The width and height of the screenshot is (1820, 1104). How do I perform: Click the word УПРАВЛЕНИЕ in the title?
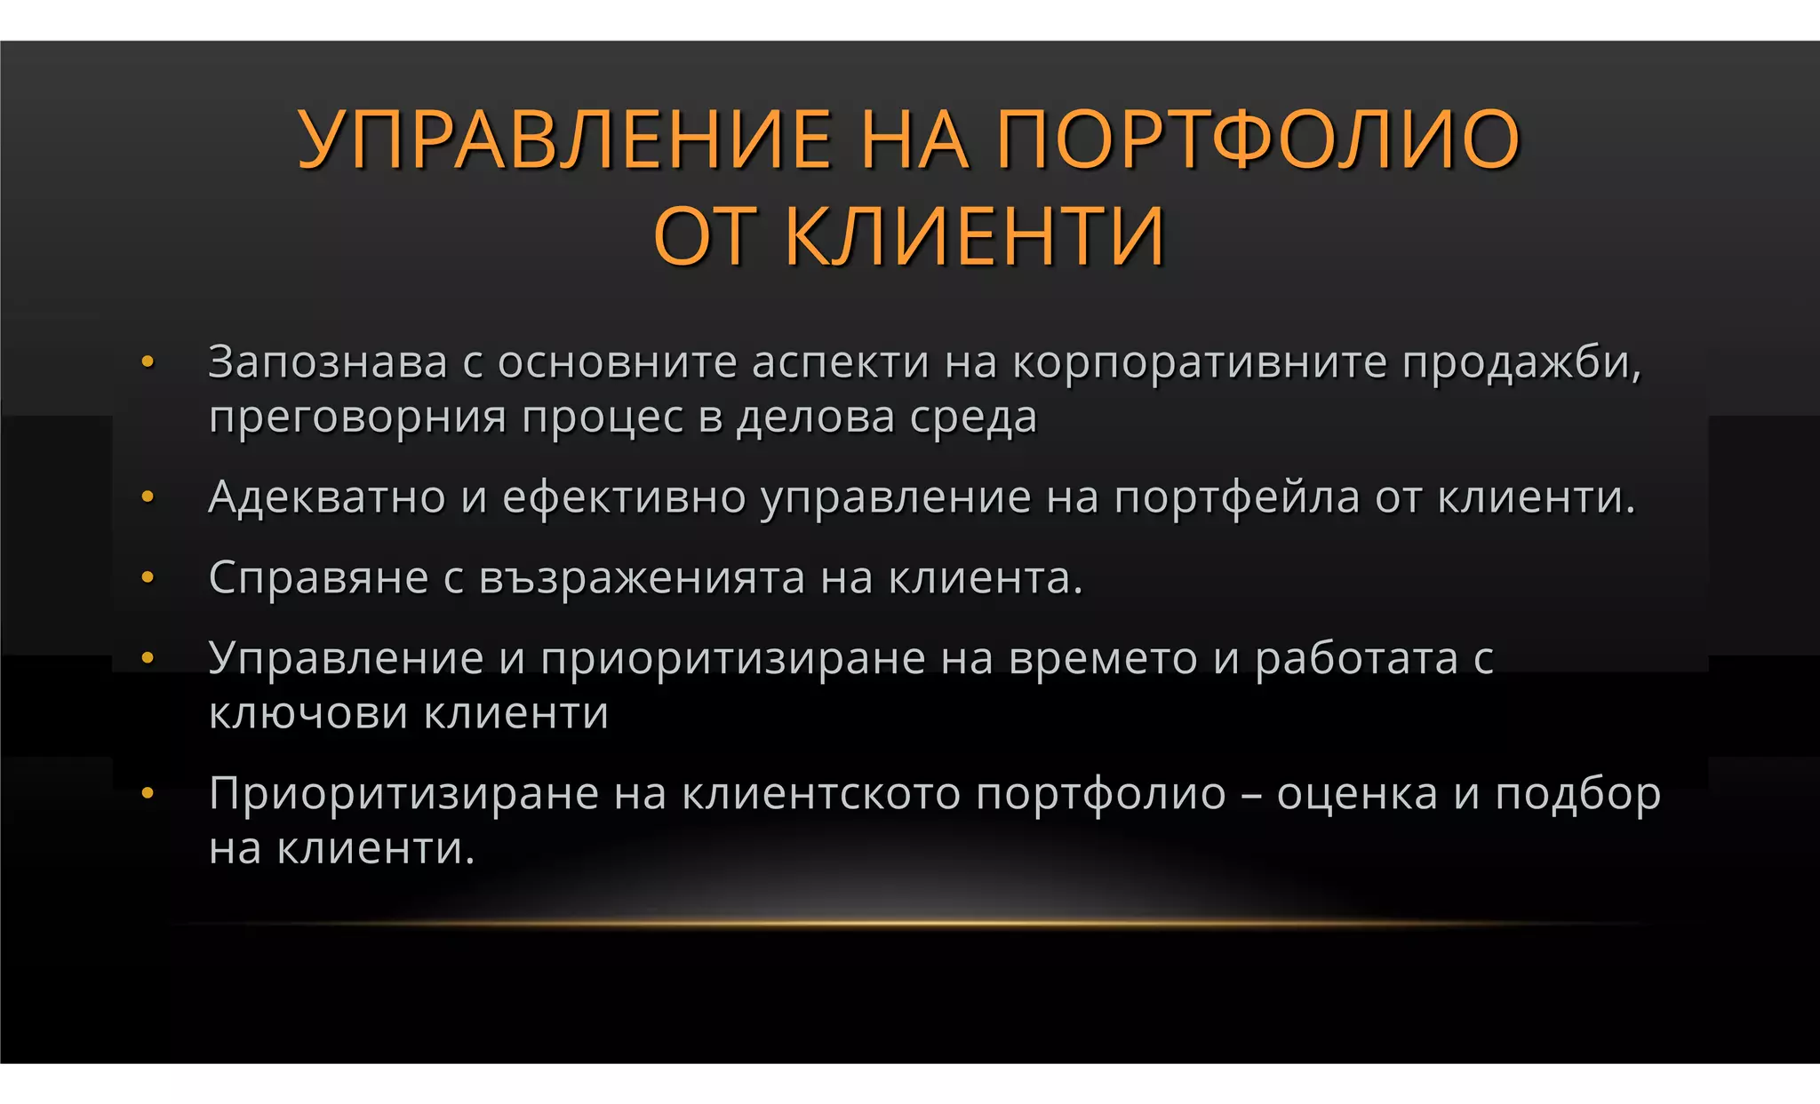coord(564,139)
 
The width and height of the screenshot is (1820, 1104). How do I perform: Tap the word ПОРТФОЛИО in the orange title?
coord(1257,139)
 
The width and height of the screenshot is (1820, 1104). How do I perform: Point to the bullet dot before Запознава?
coord(148,361)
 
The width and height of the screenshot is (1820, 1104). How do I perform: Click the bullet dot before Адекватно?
coord(148,496)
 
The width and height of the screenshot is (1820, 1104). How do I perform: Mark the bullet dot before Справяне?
coord(148,578)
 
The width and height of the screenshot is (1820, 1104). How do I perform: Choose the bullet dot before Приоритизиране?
coord(148,793)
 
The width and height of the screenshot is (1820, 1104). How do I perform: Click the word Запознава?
coord(327,362)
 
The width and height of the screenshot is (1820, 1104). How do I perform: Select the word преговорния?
coord(357,417)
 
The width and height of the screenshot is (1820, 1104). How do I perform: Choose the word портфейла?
coord(1237,497)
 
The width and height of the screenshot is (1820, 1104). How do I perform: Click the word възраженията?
coord(642,578)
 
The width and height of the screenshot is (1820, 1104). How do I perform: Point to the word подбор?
coord(1577,794)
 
